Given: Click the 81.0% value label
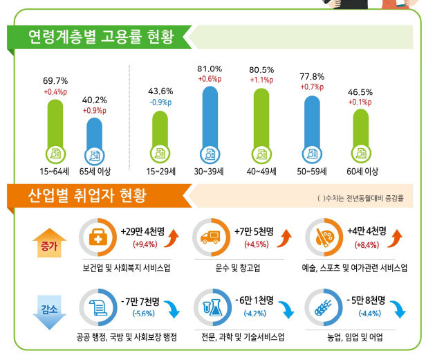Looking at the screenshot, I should [210, 69].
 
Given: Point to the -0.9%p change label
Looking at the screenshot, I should [160, 102].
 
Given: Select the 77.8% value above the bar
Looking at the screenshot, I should [312, 78].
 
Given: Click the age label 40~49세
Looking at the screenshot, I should [262, 171].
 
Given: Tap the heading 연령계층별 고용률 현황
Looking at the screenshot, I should [101, 35].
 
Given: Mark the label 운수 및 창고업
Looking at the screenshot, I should [239, 268].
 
